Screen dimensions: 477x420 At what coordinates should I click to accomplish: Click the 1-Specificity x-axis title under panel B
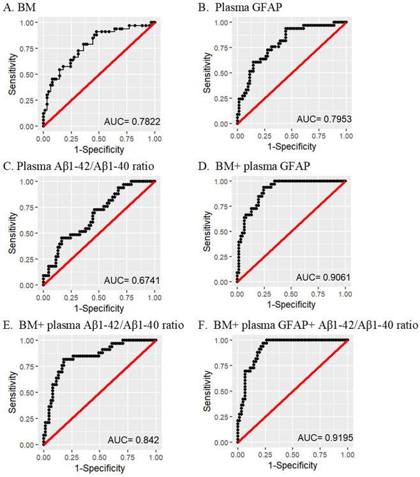click(x=291, y=146)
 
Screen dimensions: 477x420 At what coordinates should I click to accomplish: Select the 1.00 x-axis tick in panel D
click(x=345, y=293)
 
